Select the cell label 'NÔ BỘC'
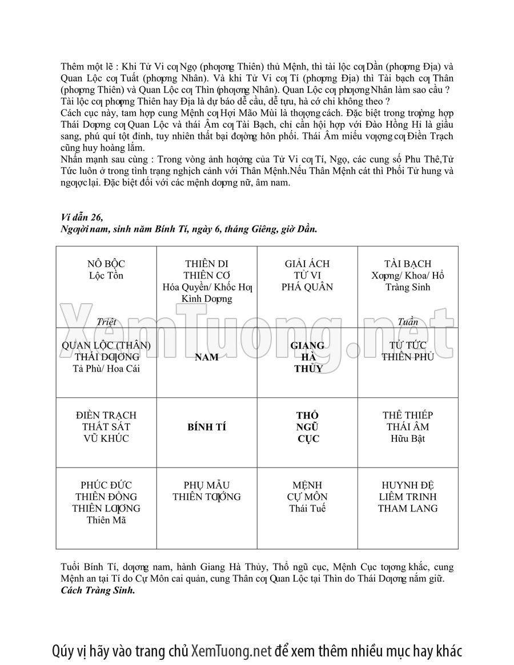coord(106,264)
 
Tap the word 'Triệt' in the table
coord(106,322)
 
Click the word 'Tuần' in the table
coord(408,322)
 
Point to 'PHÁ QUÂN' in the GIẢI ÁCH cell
coord(307,287)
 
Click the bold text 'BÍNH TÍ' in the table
coord(207,427)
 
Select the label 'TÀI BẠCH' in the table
coord(408,264)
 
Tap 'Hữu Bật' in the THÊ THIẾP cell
coord(408,439)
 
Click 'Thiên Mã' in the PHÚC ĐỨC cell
coord(106,520)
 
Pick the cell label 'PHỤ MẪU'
coord(207,485)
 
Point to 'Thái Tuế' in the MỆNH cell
coord(307,509)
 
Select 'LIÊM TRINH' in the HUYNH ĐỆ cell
coord(408,497)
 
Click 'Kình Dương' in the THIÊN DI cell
coord(207,299)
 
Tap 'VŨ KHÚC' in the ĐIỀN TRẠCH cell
coord(106,439)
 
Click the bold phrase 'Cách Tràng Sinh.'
coord(98,590)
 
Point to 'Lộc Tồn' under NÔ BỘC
coord(106,276)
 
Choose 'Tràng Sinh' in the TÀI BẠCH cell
coord(408,287)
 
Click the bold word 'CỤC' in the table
coord(307,439)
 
